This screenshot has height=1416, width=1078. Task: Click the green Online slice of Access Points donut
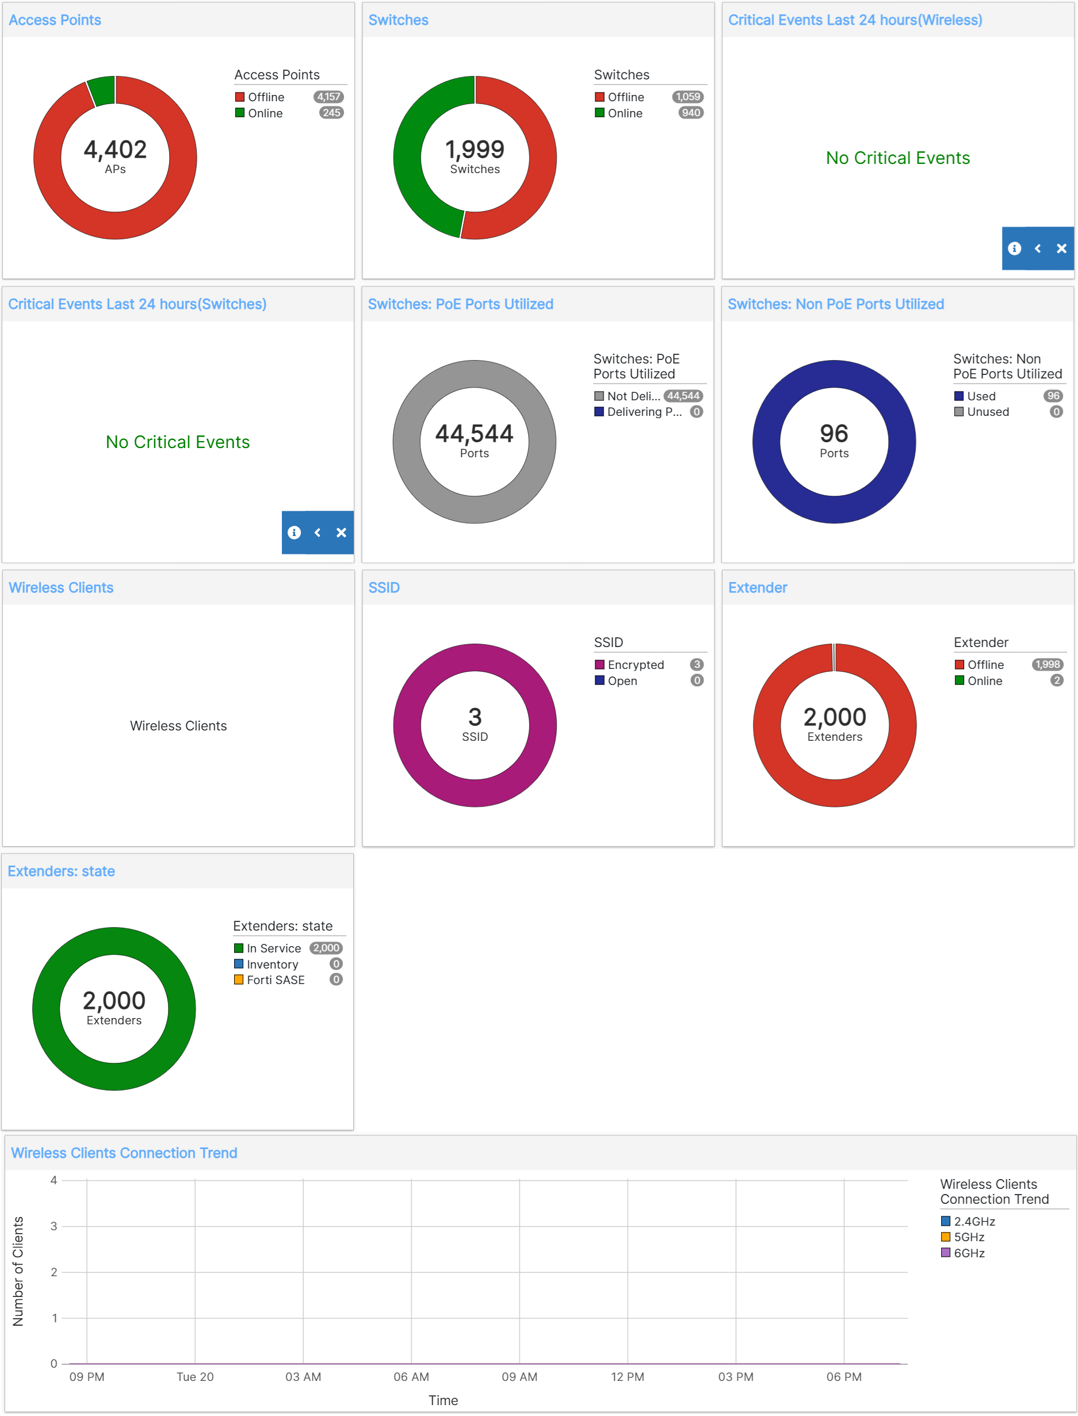pos(102,90)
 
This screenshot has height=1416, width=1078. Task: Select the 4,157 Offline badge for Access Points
pos(328,97)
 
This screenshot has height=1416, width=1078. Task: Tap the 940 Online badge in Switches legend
pos(690,113)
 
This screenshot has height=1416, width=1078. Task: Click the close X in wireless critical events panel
pos(1061,248)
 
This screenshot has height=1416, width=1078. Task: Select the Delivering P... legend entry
pos(644,412)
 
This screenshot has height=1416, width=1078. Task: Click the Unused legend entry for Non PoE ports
pos(988,412)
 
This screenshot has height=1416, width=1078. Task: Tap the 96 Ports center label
pos(834,440)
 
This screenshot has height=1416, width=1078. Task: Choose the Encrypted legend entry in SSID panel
pos(635,665)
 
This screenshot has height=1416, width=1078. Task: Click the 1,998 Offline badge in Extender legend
pos(1047,665)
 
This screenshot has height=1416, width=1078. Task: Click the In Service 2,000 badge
pos(326,948)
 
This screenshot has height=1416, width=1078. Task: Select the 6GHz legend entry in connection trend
pos(968,1253)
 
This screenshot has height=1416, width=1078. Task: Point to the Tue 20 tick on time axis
pos(195,1377)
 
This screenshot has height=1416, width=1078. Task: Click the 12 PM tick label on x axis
pos(627,1377)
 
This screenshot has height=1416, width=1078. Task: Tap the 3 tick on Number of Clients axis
pos(54,1226)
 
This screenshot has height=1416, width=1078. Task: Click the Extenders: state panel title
pos(62,871)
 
